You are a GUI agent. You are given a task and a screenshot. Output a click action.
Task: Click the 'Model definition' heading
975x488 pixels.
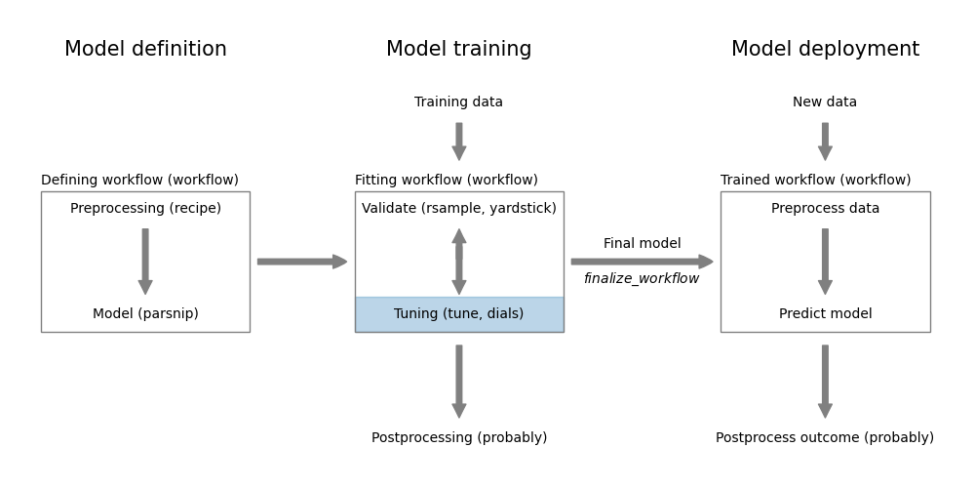click(x=145, y=50)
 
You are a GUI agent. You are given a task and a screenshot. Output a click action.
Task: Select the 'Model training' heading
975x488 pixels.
click(x=458, y=50)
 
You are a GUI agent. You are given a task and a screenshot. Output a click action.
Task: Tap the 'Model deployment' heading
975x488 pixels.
click(x=825, y=50)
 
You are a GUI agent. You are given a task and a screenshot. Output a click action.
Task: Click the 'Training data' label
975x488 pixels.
click(x=458, y=102)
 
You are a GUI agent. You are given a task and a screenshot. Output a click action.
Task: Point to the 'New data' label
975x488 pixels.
click(x=825, y=102)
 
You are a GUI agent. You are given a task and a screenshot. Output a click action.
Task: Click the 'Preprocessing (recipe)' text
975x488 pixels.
click(x=145, y=209)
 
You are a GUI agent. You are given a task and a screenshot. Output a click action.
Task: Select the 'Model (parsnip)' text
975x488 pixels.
click(x=145, y=314)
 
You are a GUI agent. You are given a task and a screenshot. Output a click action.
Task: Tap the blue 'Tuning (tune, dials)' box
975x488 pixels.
click(x=458, y=314)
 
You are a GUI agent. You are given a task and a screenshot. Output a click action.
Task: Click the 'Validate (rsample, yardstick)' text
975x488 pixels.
click(x=458, y=209)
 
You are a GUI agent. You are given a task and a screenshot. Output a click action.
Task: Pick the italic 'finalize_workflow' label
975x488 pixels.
click(x=642, y=279)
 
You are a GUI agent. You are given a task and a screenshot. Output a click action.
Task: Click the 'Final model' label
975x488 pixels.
click(x=642, y=244)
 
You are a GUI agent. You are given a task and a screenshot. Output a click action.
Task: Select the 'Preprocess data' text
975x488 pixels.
click(x=825, y=209)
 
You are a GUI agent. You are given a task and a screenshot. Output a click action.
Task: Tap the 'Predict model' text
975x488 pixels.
click(x=825, y=314)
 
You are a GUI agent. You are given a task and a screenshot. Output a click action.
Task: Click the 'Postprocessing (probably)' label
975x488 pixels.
click(x=458, y=438)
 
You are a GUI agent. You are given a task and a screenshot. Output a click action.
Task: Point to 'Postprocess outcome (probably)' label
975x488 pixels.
click(x=825, y=438)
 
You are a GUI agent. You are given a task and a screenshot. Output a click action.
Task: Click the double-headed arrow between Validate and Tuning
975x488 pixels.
click(x=458, y=262)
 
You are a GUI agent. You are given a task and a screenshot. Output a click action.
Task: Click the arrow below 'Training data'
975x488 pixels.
click(x=458, y=141)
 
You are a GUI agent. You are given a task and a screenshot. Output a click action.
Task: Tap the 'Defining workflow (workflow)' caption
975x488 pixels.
click(x=139, y=181)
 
